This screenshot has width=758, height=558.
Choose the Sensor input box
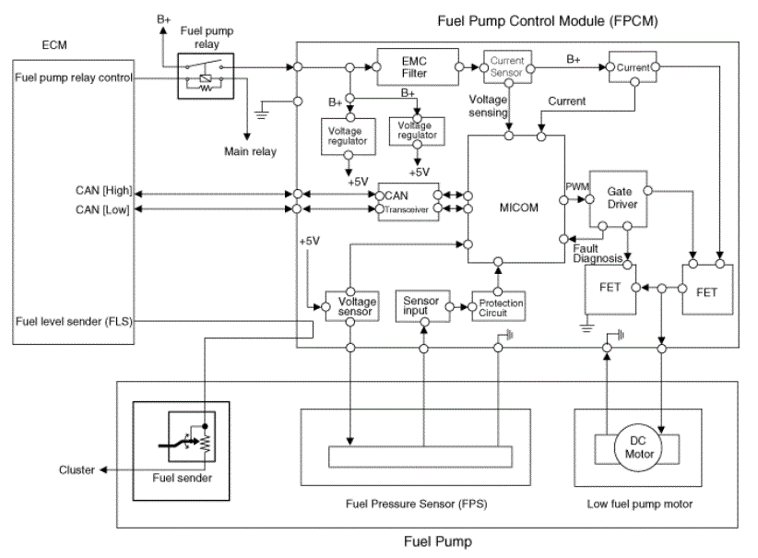click(422, 305)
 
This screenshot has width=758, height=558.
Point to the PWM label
click(574, 186)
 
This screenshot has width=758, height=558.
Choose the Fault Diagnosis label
click(598, 254)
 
